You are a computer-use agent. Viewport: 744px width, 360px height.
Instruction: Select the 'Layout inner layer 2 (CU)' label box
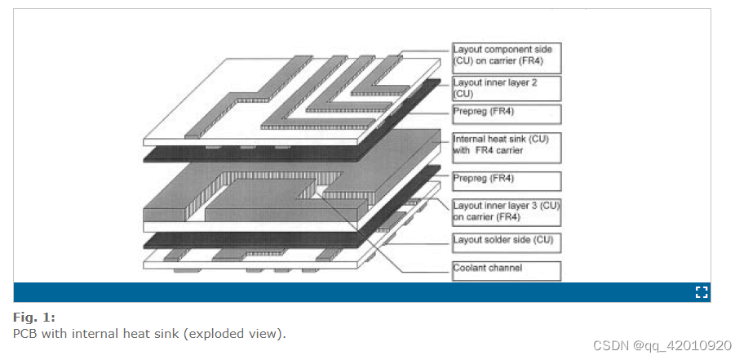click(506, 88)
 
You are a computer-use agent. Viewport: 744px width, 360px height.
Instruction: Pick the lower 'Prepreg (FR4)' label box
click(506, 179)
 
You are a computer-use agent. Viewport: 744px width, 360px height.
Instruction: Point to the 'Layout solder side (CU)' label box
click(506, 240)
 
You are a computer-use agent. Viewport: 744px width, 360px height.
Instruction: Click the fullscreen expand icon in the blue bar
click(701, 292)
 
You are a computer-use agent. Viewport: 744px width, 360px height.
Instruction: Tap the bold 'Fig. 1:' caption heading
click(33, 317)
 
